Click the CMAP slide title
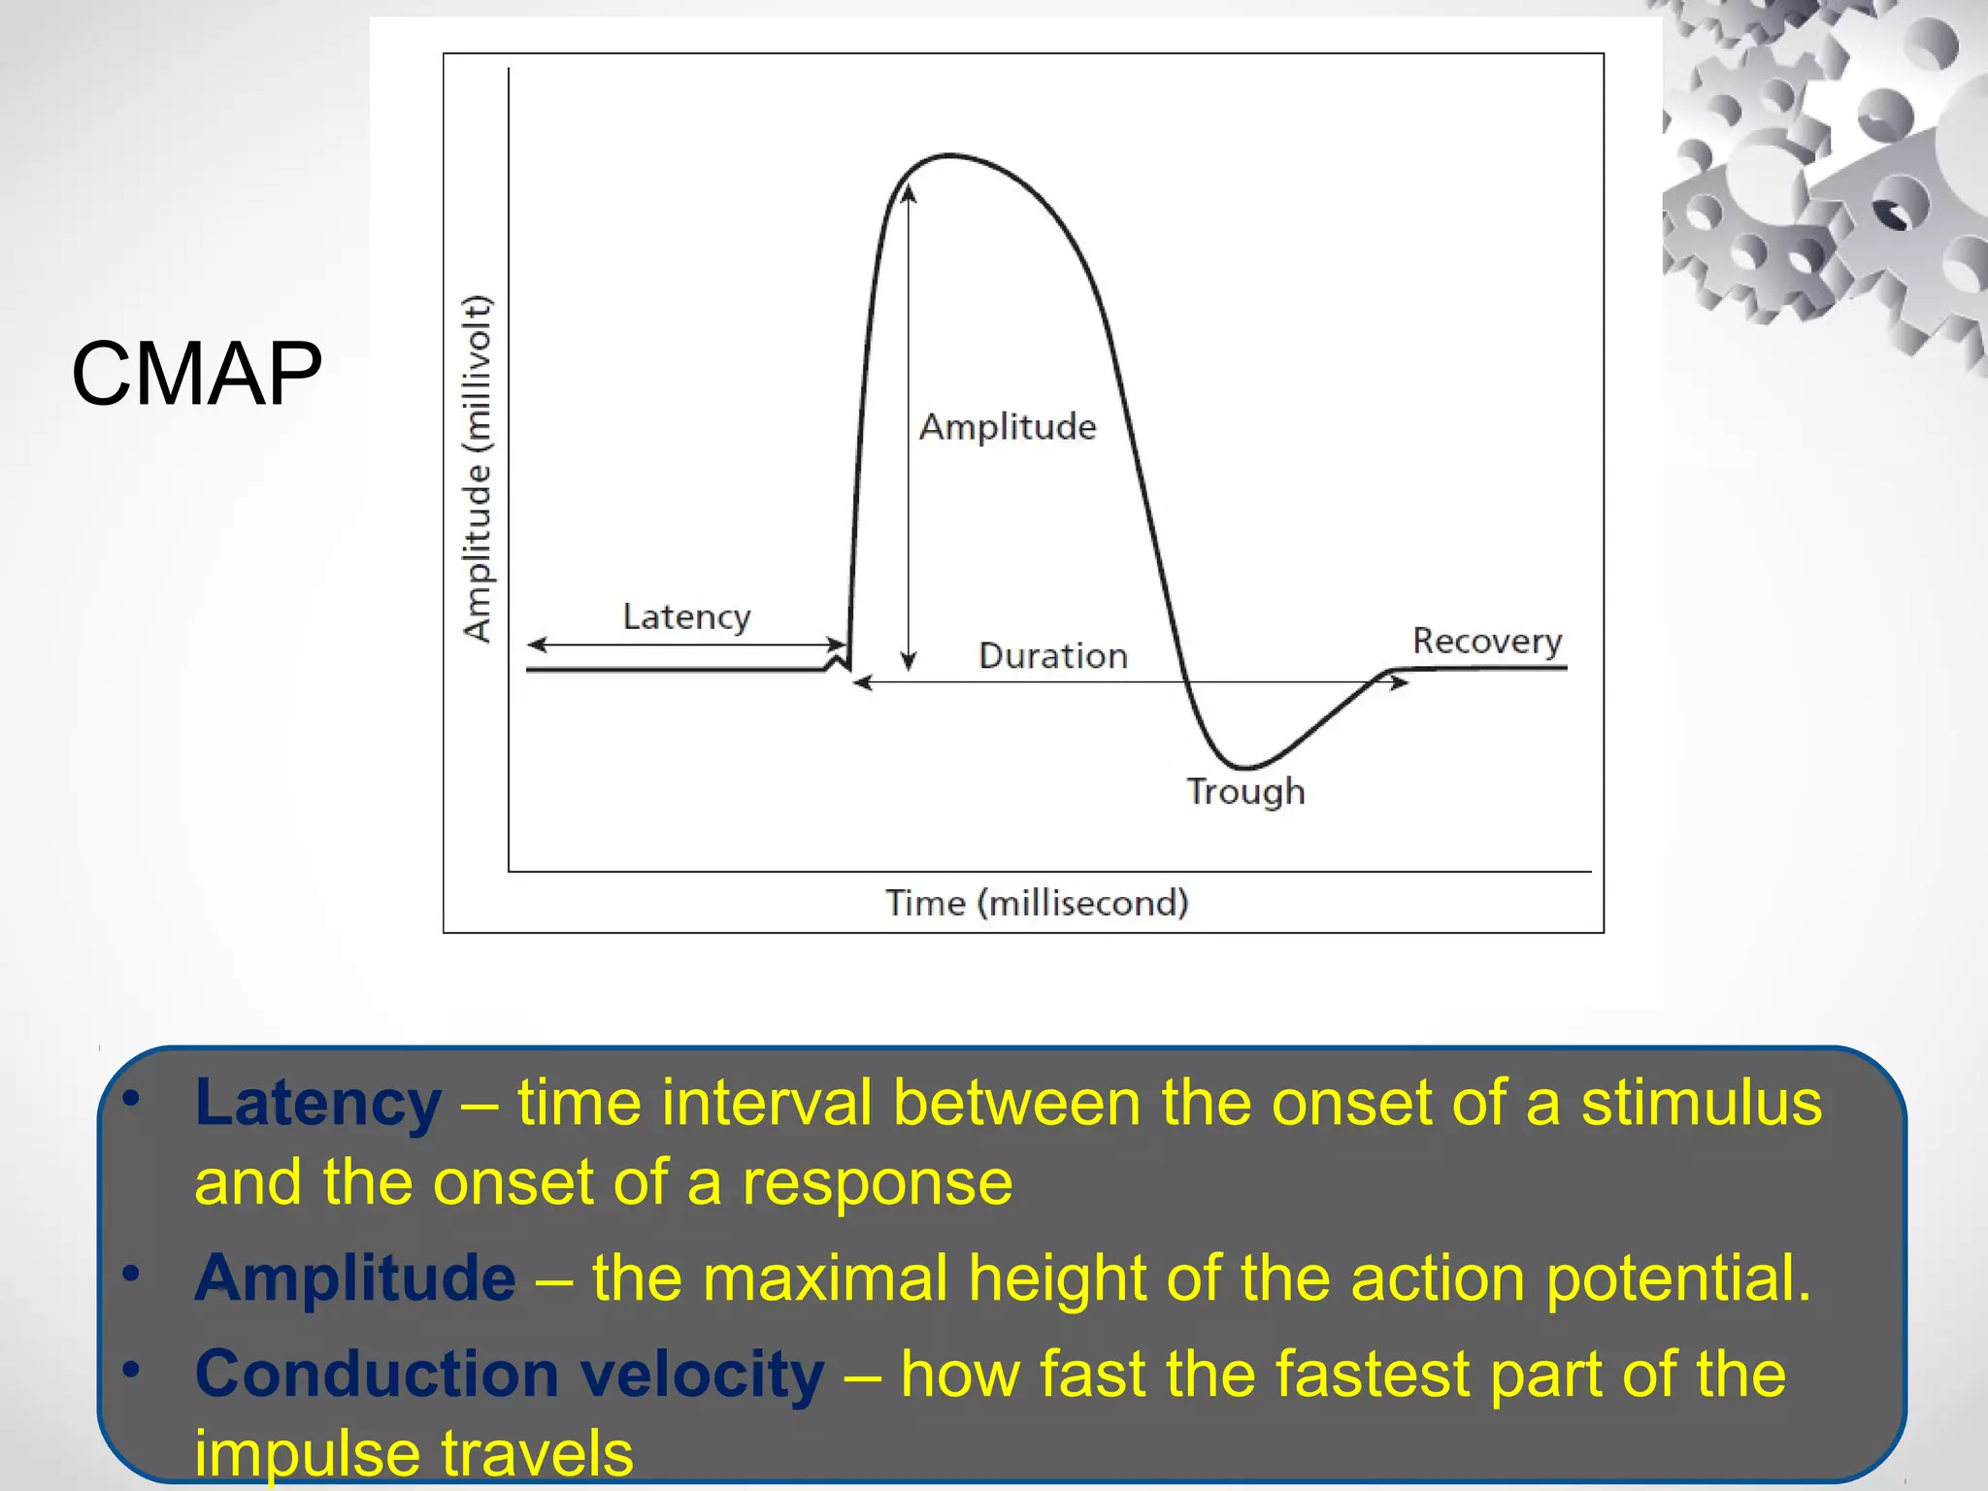[196, 374]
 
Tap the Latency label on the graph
[686, 617]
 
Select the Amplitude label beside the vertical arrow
[1008, 427]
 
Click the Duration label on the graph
[1053, 656]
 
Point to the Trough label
[1245, 792]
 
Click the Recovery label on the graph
[1486, 642]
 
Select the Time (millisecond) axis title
[1037, 904]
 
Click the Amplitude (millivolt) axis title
[477, 468]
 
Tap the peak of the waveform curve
[949, 155]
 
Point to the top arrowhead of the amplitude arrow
[909, 192]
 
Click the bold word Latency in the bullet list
[317, 1104]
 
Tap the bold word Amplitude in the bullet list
[355, 1277]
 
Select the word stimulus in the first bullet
[1702, 1104]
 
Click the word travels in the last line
[537, 1452]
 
